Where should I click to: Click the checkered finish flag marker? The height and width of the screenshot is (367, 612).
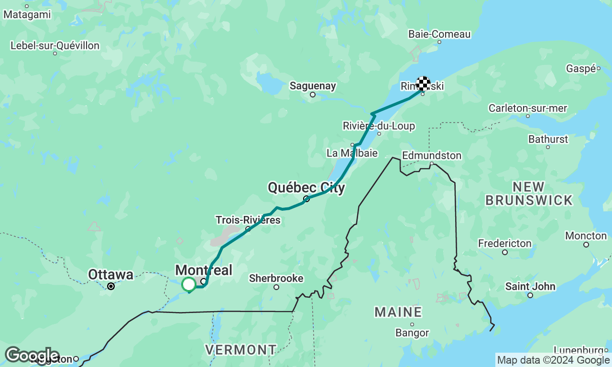pos(423,83)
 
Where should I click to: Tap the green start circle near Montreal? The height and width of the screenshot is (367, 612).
pos(189,284)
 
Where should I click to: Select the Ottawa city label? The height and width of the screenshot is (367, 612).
pos(110,275)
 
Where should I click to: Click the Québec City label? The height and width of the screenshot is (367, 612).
pos(306,188)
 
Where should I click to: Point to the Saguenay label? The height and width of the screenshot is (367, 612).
pos(313,86)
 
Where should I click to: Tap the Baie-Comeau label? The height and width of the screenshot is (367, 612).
pos(439,34)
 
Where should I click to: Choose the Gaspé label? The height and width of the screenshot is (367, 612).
pos(580,68)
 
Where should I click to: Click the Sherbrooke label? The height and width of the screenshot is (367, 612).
pos(276,278)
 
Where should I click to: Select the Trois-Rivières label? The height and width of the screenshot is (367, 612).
pos(248,220)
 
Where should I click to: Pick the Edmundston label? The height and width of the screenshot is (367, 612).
pos(431,155)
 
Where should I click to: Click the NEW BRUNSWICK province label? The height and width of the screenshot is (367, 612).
pos(529,194)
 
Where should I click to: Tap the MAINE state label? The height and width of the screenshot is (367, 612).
pos(398,313)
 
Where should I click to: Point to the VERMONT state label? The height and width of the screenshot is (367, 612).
pos(240,350)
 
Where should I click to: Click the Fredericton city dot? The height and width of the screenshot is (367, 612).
pos(505,252)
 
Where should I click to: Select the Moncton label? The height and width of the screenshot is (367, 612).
pos(586,236)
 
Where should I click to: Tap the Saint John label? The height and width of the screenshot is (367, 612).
pos(530,287)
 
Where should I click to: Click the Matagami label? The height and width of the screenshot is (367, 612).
pos(27,14)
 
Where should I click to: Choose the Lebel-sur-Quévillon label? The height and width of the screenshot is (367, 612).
pos(55,46)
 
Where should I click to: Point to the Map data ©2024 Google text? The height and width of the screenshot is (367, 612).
pos(553,360)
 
